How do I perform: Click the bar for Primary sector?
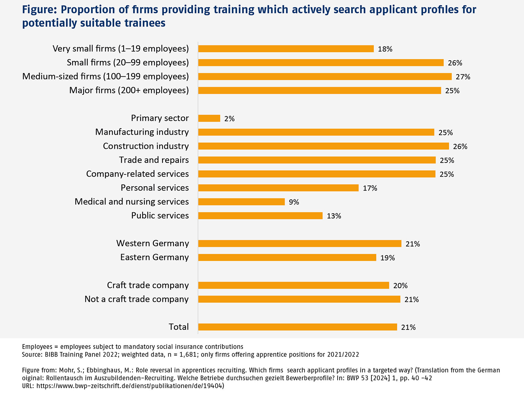tap(209, 118)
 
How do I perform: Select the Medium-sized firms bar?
tap(325, 77)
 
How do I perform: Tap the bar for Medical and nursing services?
tap(241, 202)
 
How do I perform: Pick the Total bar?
tap(297, 327)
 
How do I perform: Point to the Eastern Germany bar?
tap(287, 258)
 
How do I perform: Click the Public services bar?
tap(260, 216)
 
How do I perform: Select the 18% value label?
tap(385, 49)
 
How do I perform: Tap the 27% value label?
tap(463, 77)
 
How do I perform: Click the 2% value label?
tap(229, 119)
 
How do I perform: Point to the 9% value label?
tap(294, 202)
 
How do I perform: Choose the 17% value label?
tap(370, 188)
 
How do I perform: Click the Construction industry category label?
tap(146, 146)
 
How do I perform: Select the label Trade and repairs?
tap(154, 160)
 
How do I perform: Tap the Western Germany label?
tap(153, 244)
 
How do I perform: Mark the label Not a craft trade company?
tap(137, 299)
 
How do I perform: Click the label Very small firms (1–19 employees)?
tap(121, 49)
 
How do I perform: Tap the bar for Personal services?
tap(278, 188)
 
